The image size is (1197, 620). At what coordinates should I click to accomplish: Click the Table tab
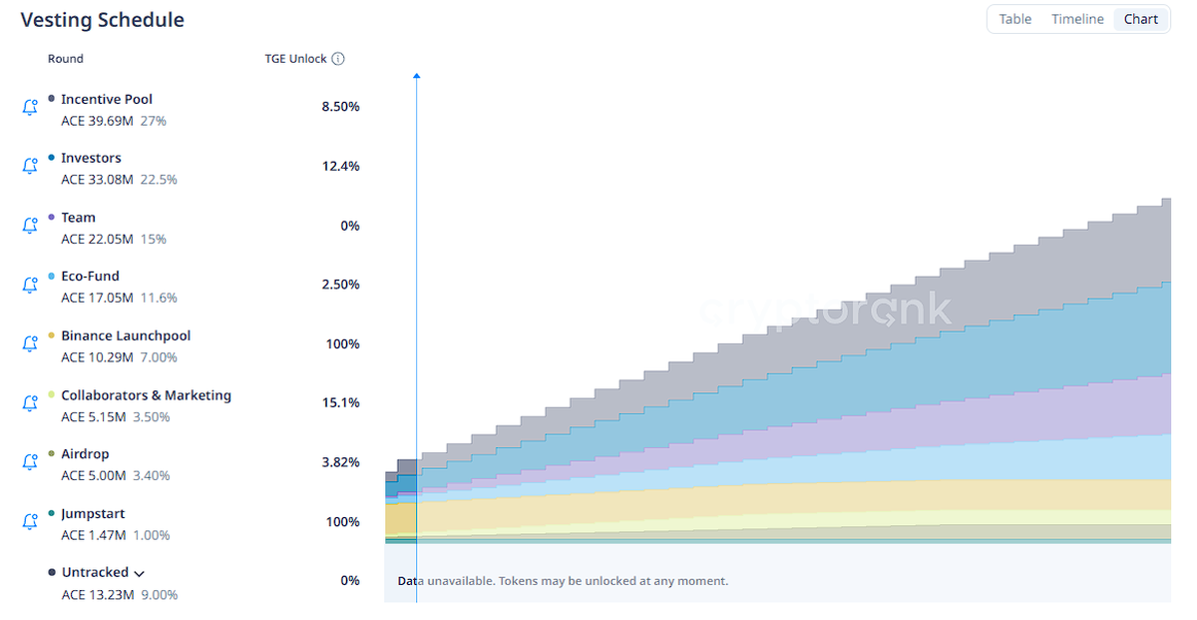pos(1015,19)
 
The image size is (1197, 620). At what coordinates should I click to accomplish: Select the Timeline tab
pos(1077,19)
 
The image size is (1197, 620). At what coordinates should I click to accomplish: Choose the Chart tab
pos(1141,19)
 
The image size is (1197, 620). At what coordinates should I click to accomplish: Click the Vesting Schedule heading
pos(102,20)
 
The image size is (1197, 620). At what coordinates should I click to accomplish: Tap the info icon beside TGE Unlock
pos(338,59)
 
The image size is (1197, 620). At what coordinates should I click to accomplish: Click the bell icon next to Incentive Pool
pos(30,107)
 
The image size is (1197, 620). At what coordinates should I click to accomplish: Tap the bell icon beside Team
pos(30,226)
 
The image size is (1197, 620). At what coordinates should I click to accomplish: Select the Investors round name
pos(91,158)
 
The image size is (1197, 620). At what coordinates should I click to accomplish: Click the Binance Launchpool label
pos(126,335)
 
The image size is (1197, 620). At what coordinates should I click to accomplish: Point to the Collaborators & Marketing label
pos(146,395)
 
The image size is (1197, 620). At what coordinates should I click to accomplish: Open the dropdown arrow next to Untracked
pos(139,573)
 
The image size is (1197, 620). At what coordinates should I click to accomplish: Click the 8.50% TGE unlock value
pos(340,107)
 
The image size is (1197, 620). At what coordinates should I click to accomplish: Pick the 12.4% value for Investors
pos(340,166)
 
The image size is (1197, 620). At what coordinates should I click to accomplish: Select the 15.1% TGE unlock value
pos(341,403)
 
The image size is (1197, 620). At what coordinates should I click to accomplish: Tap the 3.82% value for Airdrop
pos(340,462)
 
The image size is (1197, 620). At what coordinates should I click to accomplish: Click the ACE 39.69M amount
pos(97,121)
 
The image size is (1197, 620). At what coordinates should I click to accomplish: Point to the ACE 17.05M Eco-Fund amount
pos(97,298)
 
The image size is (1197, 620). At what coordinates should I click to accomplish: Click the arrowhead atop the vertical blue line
pos(416,75)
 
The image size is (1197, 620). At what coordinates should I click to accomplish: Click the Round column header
pos(66,59)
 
